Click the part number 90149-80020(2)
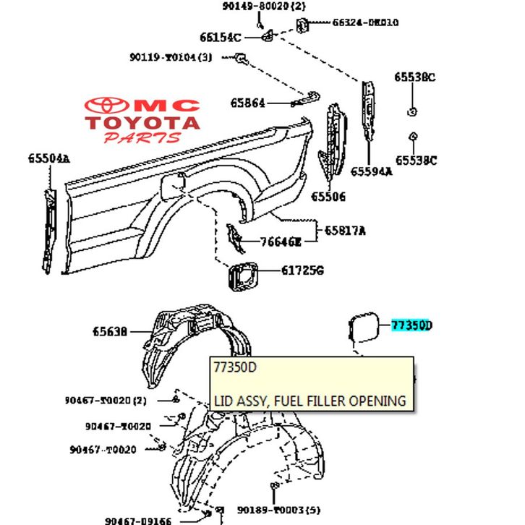pyautogui.click(x=265, y=7)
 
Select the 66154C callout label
pyautogui.click(x=221, y=37)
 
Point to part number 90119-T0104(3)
pyautogui.click(x=171, y=57)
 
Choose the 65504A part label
pyautogui.click(x=49, y=158)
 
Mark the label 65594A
pyautogui.click(x=372, y=172)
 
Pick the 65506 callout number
pyautogui.click(x=329, y=197)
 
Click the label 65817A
pyautogui.click(x=345, y=231)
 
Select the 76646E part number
pyautogui.click(x=282, y=242)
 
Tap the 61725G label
pyautogui.click(x=302, y=271)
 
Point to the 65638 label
pyautogui.click(x=110, y=332)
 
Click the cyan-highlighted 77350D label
pyautogui.click(x=411, y=325)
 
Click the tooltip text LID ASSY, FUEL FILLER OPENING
pyautogui.click(x=310, y=400)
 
